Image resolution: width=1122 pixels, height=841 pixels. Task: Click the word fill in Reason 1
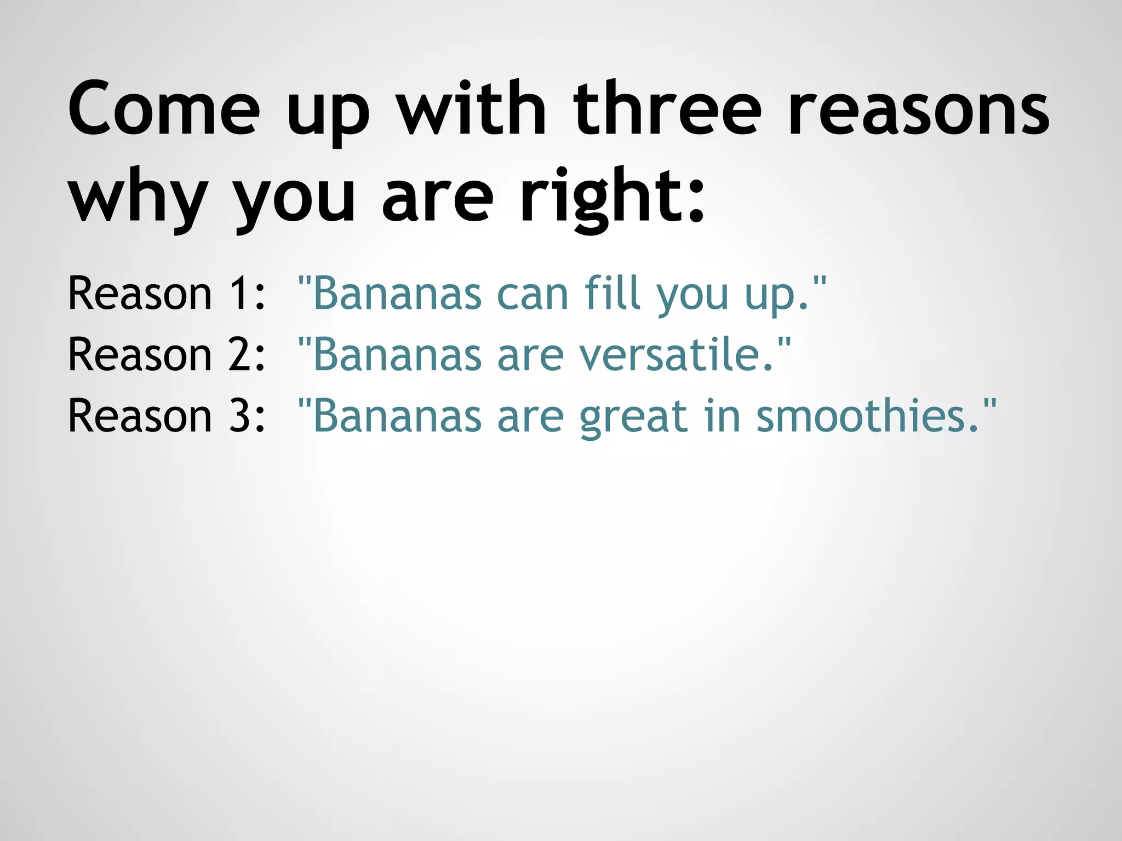click(x=612, y=293)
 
